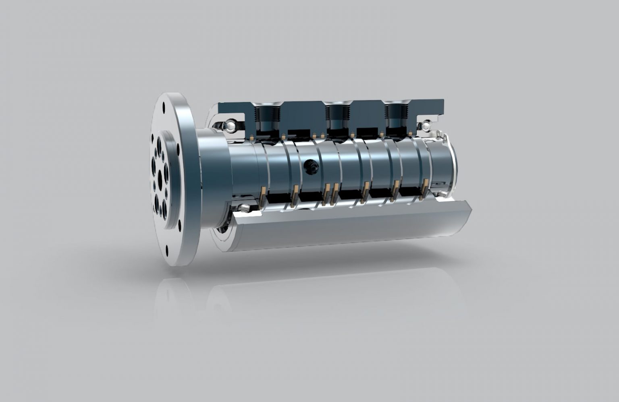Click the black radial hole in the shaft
(311, 166)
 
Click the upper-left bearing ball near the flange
(228, 126)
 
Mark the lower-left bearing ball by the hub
(243, 208)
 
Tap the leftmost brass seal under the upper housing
(252, 137)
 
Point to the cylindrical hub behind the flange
(214, 177)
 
